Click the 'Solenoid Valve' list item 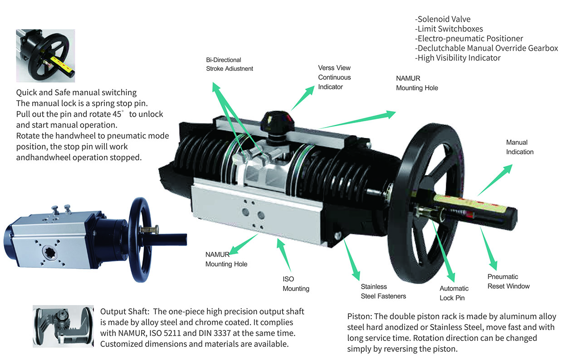pos(443,19)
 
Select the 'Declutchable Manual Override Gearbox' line pos(486,48)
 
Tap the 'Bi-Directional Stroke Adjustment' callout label pos(230,64)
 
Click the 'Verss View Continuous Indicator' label pos(334,77)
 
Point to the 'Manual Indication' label pos(520,147)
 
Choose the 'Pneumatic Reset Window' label pos(508,281)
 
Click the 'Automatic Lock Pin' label pos(454,293)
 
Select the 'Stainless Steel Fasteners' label pos(383,291)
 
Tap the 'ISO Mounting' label pos(296,284)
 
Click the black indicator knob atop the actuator pos(277,120)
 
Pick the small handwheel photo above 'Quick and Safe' pos(45,56)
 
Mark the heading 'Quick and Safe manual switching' pos(76,93)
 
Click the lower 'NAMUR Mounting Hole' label pos(226,259)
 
